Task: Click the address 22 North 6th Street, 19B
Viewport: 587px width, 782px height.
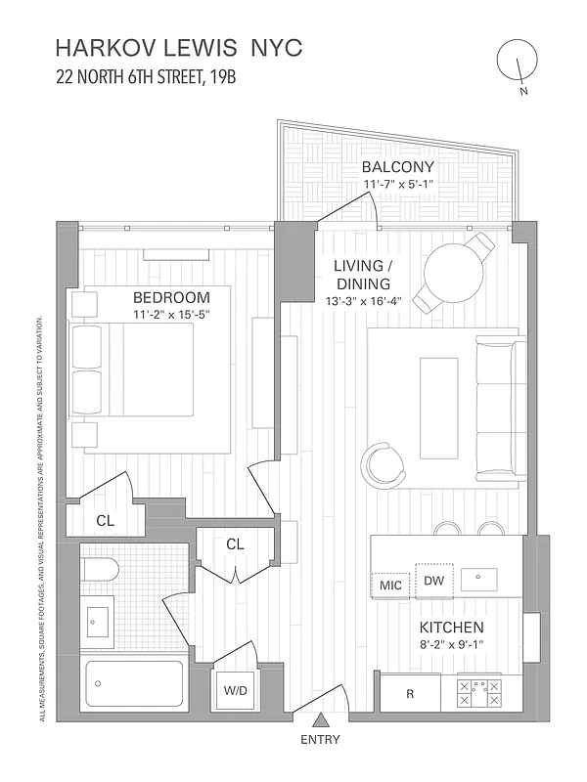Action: click(x=146, y=79)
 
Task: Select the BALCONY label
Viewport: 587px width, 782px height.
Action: click(x=397, y=166)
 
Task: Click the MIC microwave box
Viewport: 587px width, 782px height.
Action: click(x=390, y=585)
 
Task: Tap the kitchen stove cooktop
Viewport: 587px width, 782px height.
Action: click(x=478, y=693)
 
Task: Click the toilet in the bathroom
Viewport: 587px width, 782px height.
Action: click(x=100, y=568)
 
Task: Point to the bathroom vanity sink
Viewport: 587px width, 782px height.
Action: click(x=98, y=619)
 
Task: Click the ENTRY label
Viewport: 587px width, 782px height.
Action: click(x=321, y=739)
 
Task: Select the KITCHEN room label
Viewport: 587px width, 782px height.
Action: click(x=451, y=627)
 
